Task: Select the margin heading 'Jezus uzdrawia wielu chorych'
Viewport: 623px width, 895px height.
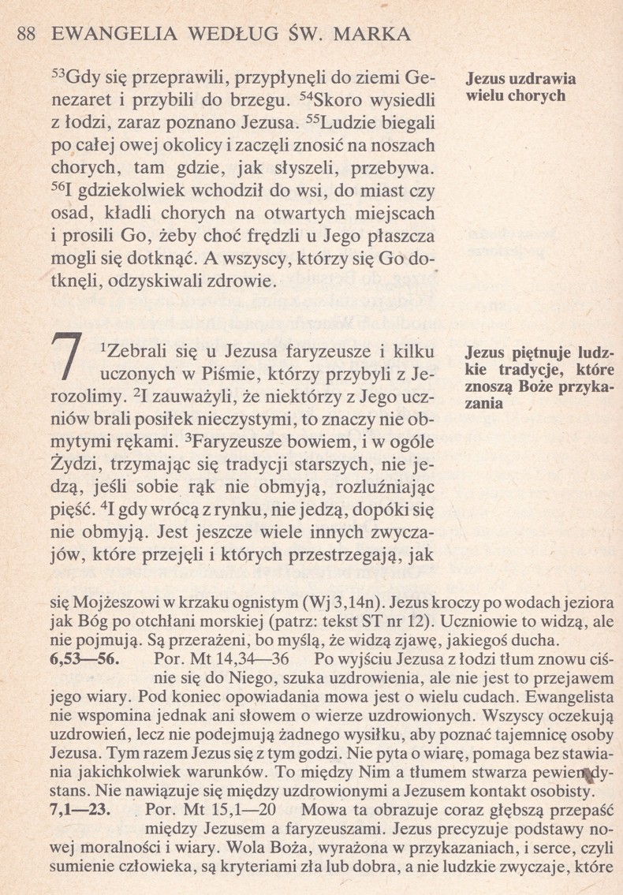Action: (x=520, y=88)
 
